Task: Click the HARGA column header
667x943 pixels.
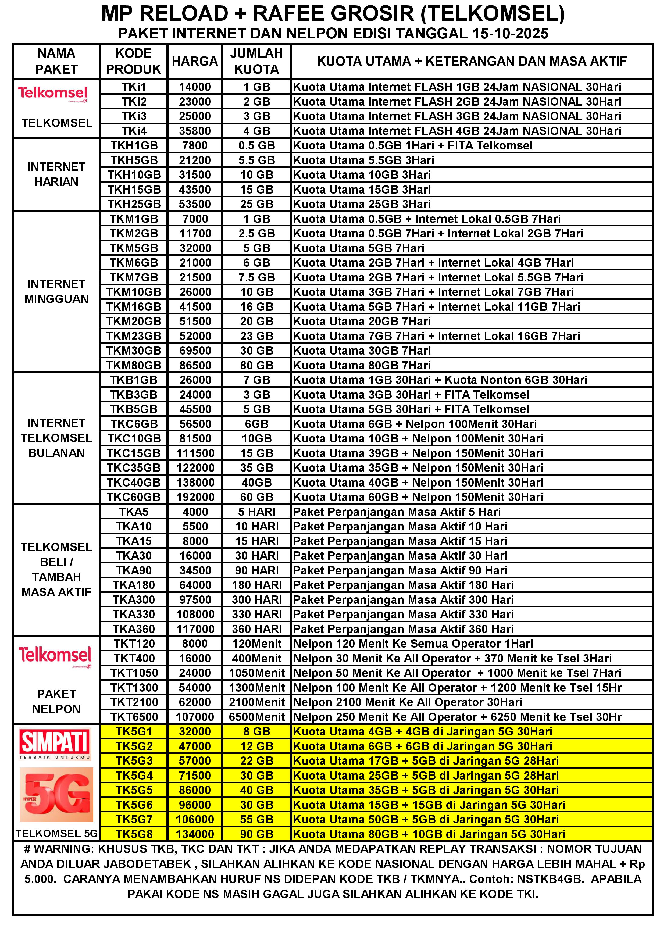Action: tap(195, 61)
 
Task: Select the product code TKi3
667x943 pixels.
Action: tap(134, 116)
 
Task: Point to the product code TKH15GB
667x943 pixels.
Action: tap(134, 189)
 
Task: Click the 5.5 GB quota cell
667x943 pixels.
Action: tap(257, 160)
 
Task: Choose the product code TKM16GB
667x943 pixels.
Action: tap(134, 307)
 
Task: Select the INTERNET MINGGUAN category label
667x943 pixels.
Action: tap(56, 291)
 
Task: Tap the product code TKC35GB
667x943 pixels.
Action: tap(134, 468)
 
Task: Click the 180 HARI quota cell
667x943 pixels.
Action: tap(257, 585)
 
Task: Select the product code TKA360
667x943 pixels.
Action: tap(134, 629)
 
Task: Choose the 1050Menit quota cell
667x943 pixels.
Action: tap(257, 673)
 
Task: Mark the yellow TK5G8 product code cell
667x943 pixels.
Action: tap(134, 834)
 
